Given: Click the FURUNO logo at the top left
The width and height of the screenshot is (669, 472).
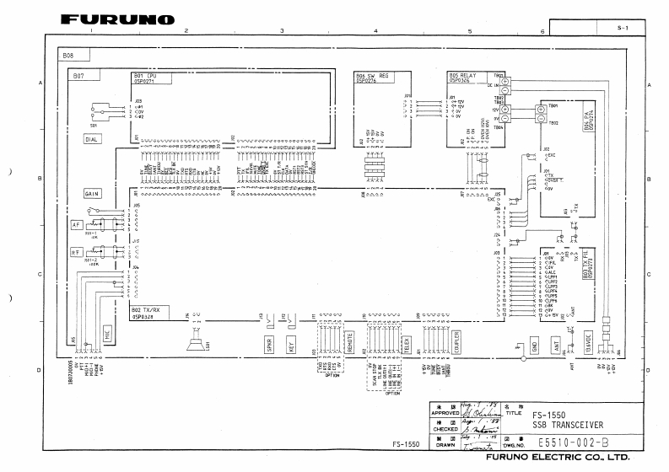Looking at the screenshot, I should coord(118,19).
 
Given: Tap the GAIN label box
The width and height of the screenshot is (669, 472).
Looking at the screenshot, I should coord(93,194).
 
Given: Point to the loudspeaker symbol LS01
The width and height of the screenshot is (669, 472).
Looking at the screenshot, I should coord(190,343).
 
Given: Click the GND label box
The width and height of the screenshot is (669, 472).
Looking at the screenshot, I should coord(534,345).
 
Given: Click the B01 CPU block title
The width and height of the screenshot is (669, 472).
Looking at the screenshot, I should coord(146,78).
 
